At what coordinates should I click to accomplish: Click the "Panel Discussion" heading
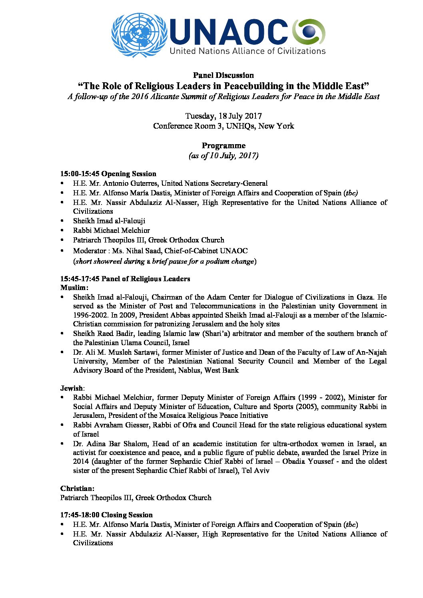point(223,75)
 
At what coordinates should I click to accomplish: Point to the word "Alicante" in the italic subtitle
point(170,96)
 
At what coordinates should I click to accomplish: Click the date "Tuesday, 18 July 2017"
point(223,116)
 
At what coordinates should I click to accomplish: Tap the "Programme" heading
point(223,145)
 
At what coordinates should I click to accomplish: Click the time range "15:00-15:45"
point(80,174)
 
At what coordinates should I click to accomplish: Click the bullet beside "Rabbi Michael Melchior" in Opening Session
point(62,230)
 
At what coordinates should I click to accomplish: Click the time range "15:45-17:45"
point(80,279)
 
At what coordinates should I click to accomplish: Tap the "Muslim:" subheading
point(74,288)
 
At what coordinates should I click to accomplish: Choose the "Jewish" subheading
point(72,388)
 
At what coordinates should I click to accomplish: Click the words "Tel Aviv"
point(255,471)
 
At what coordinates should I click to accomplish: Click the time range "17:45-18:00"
point(80,515)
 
